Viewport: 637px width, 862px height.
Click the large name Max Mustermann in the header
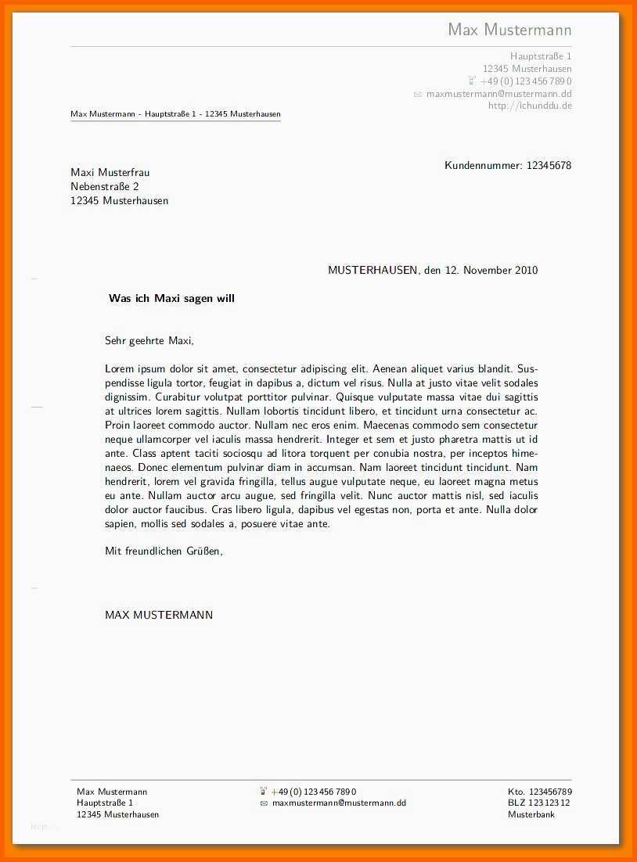(509, 30)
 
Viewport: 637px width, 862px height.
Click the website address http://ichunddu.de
(530, 106)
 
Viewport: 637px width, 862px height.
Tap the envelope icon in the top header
(418, 94)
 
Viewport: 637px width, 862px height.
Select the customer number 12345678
(549, 165)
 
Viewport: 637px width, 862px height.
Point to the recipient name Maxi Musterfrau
(110, 172)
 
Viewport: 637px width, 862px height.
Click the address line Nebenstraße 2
(105, 186)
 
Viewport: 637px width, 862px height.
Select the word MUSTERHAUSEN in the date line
(372, 271)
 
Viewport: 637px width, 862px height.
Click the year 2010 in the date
(526, 271)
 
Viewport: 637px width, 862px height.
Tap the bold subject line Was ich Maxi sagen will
(171, 298)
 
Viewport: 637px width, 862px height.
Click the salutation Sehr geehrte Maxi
(149, 340)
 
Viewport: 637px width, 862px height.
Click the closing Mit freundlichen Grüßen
(164, 551)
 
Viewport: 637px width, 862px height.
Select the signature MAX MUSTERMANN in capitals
(159, 615)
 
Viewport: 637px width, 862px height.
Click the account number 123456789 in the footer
(550, 792)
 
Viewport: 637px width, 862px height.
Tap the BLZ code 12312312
(549, 803)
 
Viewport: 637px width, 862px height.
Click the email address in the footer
(339, 803)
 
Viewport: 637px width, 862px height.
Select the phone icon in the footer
(264, 791)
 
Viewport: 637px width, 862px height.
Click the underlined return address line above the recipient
(175, 114)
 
